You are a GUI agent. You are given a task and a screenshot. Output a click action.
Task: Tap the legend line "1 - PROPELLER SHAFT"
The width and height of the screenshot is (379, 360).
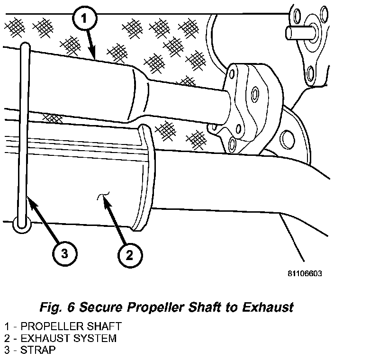(x=63, y=326)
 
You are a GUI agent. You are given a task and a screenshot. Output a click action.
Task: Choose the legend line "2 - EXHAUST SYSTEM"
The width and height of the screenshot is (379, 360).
(x=60, y=338)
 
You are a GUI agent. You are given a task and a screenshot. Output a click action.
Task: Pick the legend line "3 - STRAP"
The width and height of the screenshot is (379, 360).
(x=31, y=350)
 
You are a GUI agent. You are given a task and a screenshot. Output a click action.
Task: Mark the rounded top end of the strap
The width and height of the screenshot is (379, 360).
(x=26, y=46)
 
